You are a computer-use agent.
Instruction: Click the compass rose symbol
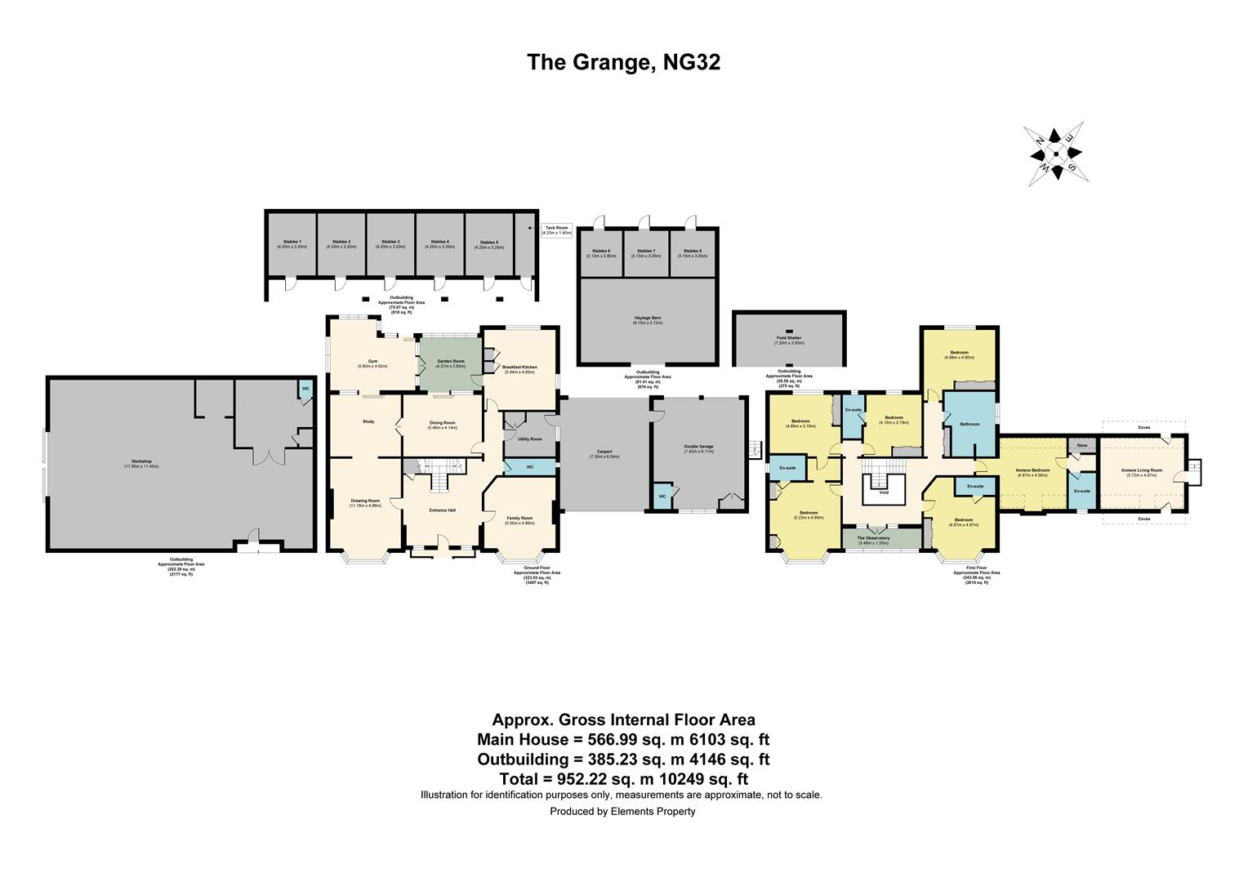[1054, 153]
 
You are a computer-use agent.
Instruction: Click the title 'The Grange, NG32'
[623, 63]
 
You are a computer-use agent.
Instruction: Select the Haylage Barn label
[646, 321]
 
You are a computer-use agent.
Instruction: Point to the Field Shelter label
[788, 339]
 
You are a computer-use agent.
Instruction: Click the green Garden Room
[450, 364]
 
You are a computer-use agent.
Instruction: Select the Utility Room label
[529, 439]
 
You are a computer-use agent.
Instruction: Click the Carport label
[604, 453]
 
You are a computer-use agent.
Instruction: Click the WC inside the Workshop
[305, 388]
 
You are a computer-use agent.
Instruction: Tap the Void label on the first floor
[884, 492]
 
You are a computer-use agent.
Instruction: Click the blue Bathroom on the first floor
[969, 424]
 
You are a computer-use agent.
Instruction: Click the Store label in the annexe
[1081, 446]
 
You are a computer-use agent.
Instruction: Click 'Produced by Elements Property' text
[622, 812]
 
